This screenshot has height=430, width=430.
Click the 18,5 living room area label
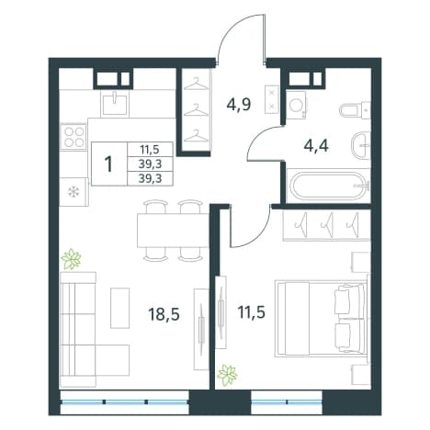pos(164,314)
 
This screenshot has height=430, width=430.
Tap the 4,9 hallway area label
pos(239,105)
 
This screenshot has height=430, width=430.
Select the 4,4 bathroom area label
pos(316,146)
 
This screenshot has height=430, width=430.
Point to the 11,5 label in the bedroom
pos(251,312)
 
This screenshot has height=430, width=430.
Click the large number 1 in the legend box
pos(108,164)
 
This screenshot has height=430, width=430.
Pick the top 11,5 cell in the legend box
pos(150,150)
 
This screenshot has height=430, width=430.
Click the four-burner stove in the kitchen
pos(74,136)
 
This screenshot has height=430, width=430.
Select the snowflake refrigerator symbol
pos(74,192)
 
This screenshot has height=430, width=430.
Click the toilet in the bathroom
pos(355,109)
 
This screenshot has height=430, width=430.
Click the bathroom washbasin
pos(360,145)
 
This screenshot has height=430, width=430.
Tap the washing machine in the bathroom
pos(296,105)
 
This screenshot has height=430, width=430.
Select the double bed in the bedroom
pos(321,319)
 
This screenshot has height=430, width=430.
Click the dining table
pos(174,230)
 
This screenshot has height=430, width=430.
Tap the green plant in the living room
pos(71,259)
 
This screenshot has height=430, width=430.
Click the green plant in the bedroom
pos(227,375)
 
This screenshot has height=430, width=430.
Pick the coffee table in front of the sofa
pos(120,308)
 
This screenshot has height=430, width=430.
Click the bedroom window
pos(287,402)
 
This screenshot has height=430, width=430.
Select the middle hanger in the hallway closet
pos(196,110)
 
